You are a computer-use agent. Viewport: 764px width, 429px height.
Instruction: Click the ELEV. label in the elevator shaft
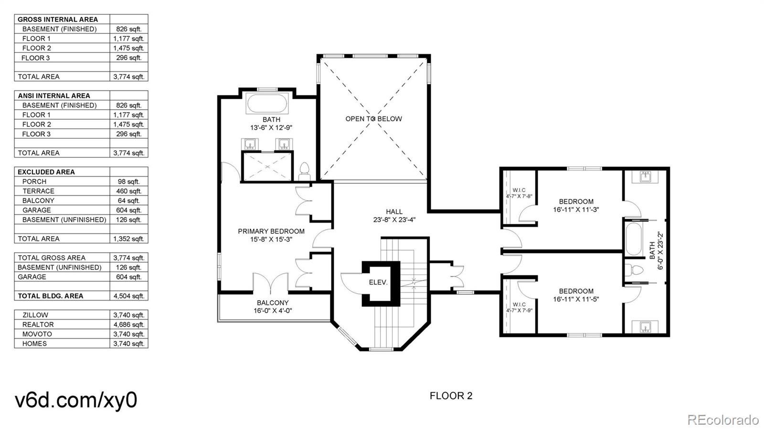[x=378, y=283]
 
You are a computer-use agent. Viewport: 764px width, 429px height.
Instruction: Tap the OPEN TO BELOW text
[x=373, y=119]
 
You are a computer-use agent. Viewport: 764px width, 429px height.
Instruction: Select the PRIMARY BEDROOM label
[x=271, y=231]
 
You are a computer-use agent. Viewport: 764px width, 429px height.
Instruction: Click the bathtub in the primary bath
[x=267, y=104]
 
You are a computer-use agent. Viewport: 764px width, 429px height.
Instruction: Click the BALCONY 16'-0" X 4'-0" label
[x=273, y=306]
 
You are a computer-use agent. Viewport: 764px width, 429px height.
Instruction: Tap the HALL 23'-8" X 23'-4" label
[x=394, y=216]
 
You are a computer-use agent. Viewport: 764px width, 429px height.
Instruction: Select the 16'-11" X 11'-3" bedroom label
[x=576, y=205]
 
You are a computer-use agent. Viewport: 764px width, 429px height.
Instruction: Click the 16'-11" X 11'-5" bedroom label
[x=576, y=295]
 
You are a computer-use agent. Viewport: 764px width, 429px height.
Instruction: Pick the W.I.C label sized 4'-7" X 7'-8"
[x=519, y=193]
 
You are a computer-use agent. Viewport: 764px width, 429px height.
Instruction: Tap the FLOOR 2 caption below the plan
[x=451, y=396]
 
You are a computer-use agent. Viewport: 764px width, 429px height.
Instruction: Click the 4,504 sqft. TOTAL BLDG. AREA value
[x=128, y=296]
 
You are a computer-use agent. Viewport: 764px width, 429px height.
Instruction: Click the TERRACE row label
[x=38, y=191]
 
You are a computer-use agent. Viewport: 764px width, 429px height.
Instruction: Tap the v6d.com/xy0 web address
[x=76, y=400]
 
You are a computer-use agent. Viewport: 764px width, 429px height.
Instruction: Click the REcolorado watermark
[x=723, y=420]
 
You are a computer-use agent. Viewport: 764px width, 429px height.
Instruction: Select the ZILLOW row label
[x=35, y=315]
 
